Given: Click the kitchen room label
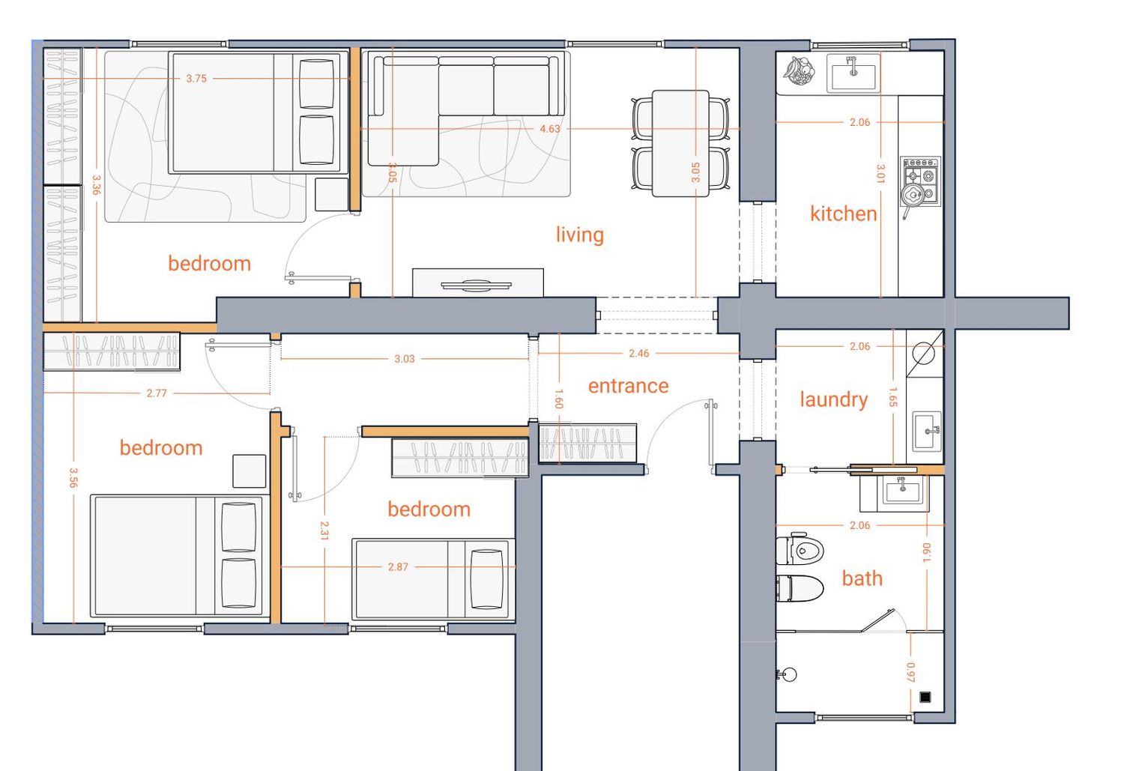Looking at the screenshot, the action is [844, 214].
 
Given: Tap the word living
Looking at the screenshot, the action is [579, 235].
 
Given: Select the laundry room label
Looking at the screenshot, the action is [833, 399].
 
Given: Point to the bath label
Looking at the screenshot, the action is [862, 578].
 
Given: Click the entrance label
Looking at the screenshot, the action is [628, 386].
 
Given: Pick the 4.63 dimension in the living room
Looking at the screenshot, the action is [549, 129].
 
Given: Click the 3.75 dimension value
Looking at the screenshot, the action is [196, 78].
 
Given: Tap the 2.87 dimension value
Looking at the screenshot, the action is [398, 567].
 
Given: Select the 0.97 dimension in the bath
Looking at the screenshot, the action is [910, 672].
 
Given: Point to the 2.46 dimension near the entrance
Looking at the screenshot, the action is [638, 353].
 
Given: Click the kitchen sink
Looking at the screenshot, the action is [853, 73].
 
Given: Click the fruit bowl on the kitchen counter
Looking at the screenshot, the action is [799, 70].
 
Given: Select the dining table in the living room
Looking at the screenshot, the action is [680, 143].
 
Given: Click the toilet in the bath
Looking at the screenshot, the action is [800, 550].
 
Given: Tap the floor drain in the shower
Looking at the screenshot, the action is [925, 697].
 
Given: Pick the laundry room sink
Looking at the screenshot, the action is [925, 432].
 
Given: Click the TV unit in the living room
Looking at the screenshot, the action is [478, 282].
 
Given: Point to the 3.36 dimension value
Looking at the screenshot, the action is [97, 184].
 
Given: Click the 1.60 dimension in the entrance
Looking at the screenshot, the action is [559, 399].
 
